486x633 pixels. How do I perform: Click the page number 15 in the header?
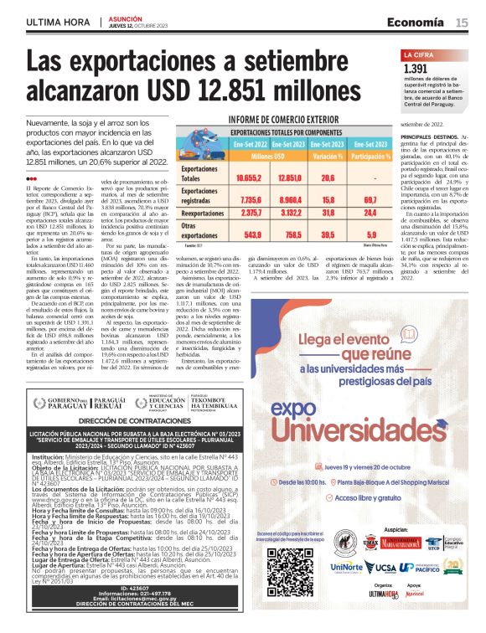pos(462,23)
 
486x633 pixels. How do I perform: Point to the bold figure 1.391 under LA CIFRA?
pos(416,69)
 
